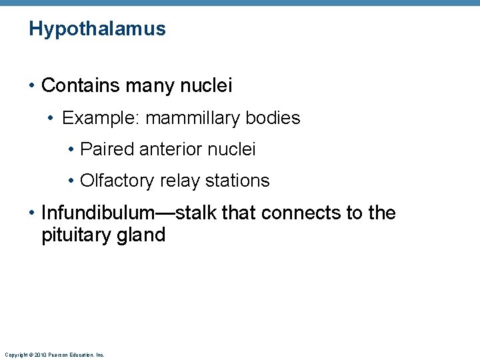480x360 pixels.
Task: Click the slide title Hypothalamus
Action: click(x=97, y=29)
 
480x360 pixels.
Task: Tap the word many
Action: click(x=143, y=85)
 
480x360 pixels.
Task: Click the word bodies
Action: click(x=273, y=118)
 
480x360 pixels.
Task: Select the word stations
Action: click(x=237, y=181)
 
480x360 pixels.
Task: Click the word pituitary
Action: click(x=73, y=235)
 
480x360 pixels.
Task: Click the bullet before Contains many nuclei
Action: click(x=32, y=86)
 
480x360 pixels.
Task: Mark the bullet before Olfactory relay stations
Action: click(x=71, y=181)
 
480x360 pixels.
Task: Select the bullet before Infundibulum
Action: click(x=32, y=214)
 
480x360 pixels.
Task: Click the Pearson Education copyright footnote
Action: click(x=54, y=355)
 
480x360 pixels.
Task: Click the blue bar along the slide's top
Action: click(x=240, y=3)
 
